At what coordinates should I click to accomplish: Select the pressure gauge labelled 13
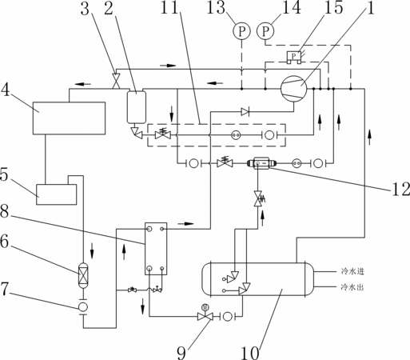[x=241, y=31]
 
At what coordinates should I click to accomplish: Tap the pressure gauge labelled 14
[x=265, y=31]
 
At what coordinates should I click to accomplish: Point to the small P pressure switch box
[x=293, y=57]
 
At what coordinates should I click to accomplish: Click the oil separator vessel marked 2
[x=137, y=107]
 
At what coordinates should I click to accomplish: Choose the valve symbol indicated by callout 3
[x=116, y=81]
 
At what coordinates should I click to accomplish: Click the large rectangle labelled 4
[x=69, y=118]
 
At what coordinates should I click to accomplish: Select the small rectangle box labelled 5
[x=57, y=194]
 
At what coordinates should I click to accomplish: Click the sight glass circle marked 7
[x=83, y=306]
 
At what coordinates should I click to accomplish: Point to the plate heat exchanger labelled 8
[x=156, y=249]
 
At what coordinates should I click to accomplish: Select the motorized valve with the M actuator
[x=205, y=314]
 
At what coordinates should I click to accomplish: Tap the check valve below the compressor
[x=245, y=112]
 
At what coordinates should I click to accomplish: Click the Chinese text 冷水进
[x=352, y=271]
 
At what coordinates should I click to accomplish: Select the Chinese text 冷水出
[x=352, y=287]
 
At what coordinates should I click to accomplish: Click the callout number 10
[x=250, y=353]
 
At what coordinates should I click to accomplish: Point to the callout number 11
[x=169, y=7]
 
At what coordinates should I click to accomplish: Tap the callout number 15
[x=333, y=7]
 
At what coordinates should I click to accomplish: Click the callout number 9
[x=181, y=353]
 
